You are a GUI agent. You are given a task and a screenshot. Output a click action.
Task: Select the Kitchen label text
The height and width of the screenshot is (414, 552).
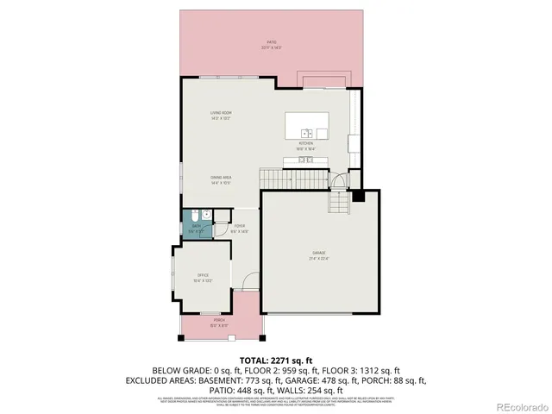coord(306,146)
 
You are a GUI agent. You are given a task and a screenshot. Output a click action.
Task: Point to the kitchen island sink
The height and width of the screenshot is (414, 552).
coord(306,133)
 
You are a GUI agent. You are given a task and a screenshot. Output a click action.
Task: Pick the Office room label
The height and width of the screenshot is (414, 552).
coord(203,278)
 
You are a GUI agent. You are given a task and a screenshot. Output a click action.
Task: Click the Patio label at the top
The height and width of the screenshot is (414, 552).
coord(271,44)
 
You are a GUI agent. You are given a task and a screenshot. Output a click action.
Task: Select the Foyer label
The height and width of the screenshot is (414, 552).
coord(240,229)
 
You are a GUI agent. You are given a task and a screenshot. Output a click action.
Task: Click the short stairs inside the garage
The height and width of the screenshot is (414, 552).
coord(339,204)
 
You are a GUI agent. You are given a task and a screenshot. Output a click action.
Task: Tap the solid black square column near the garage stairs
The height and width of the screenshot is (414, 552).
coord(359,196)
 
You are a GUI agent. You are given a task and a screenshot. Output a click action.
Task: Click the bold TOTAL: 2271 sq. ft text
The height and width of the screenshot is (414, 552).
coord(275,360)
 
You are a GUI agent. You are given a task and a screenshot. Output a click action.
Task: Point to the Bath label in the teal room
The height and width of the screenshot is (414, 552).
coord(197,229)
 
